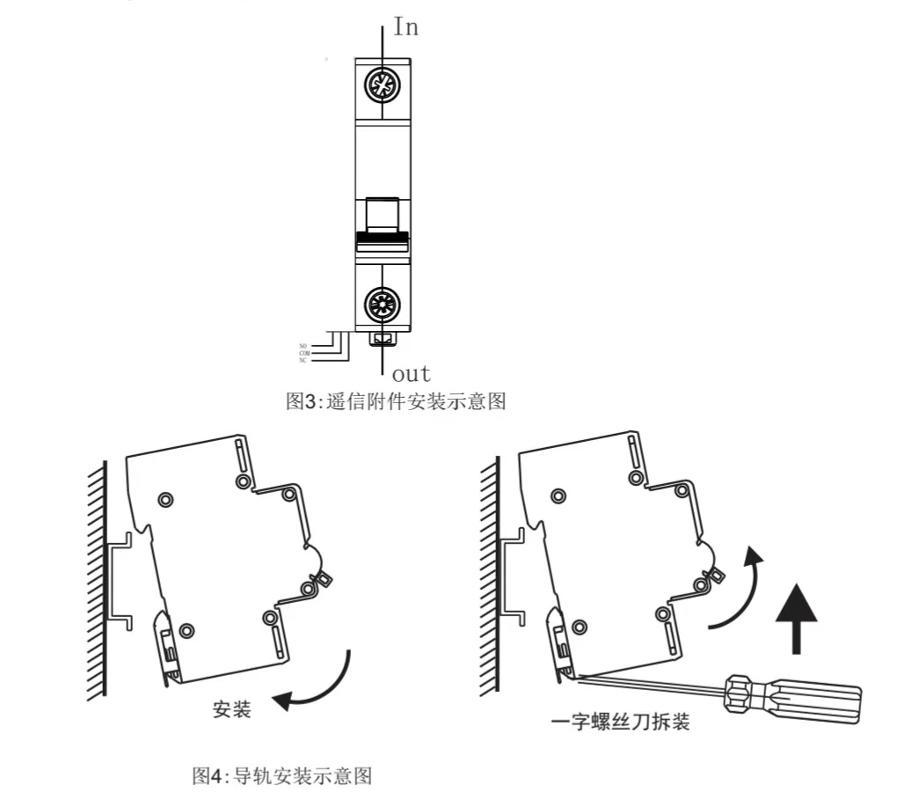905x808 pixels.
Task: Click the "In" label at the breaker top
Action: tap(405, 27)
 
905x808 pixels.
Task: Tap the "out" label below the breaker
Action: tap(411, 373)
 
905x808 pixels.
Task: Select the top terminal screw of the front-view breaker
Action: tap(383, 88)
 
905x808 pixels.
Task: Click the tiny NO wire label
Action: tap(303, 346)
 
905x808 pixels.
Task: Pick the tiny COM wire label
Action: tap(304, 353)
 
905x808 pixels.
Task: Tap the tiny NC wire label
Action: tap(303, 360)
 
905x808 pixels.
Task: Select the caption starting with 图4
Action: tap(282, 775)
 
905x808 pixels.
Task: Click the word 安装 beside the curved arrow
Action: tap(232, 709)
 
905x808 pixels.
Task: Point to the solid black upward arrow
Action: tap(796, 618)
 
